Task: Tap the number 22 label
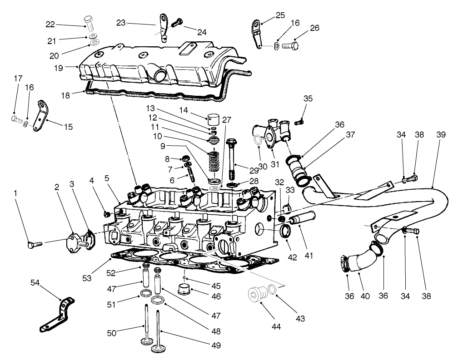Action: point(50,24)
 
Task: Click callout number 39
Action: point(441,135)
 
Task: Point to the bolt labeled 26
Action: point(289,45)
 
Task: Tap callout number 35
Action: point(308,99)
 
